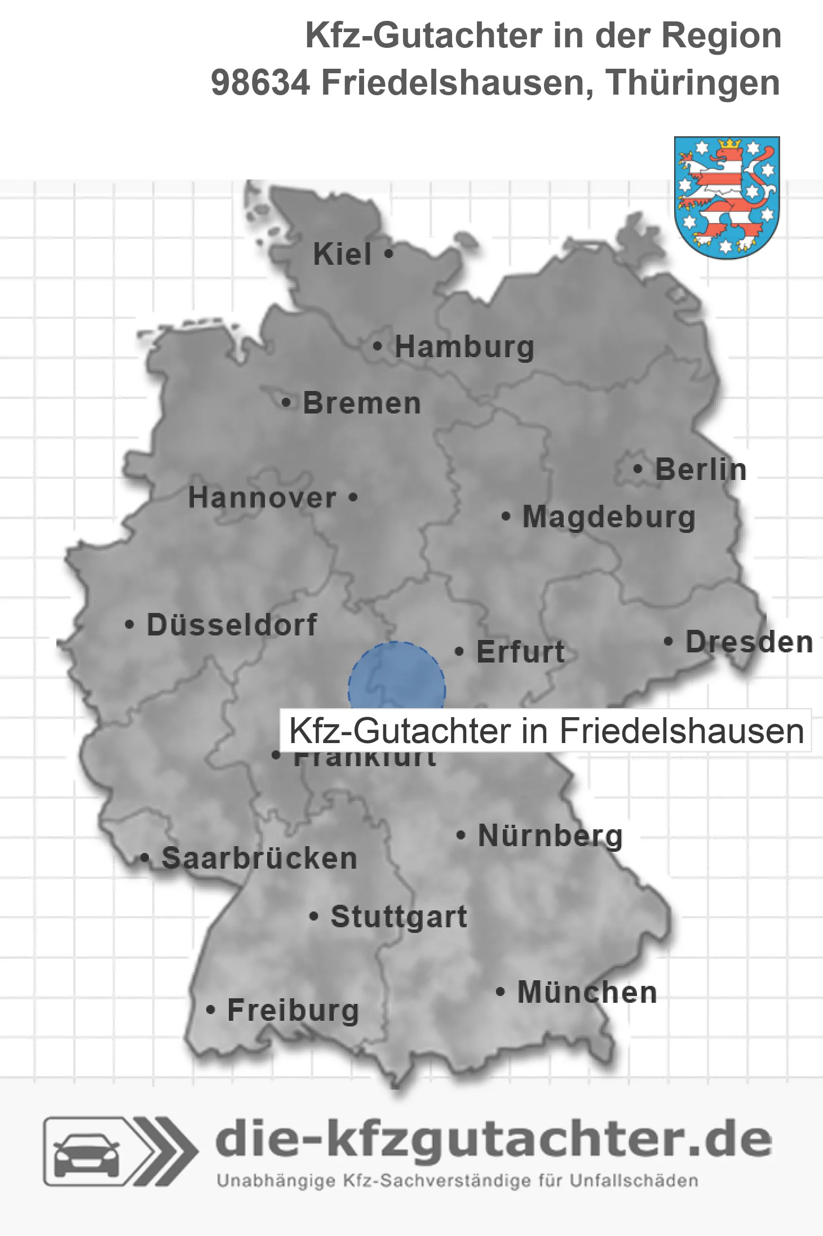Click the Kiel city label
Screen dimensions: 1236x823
(342, 254)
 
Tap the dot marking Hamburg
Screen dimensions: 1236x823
(377, 346)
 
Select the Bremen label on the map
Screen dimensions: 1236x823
(362, 403)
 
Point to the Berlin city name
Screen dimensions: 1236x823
(701, 469)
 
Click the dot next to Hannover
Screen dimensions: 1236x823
(353, 497)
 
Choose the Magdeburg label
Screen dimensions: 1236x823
(609, 517)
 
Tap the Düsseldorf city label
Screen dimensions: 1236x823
(232, 625)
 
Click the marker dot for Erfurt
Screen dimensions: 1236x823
(459, 652)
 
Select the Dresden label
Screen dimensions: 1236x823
(749, 642)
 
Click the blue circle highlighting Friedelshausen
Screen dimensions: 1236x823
(396, 676)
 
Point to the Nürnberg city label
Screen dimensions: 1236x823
(550, 835)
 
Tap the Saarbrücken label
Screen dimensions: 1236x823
(259, 859)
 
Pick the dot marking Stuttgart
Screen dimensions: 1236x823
(314, 917)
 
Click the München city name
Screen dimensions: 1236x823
(587, 992)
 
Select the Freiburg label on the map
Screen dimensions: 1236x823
(293, 1011)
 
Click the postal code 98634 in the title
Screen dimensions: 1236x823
(260, 83)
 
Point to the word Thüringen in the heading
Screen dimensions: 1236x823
(693, 83)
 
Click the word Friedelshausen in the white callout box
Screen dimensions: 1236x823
(681, 731)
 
